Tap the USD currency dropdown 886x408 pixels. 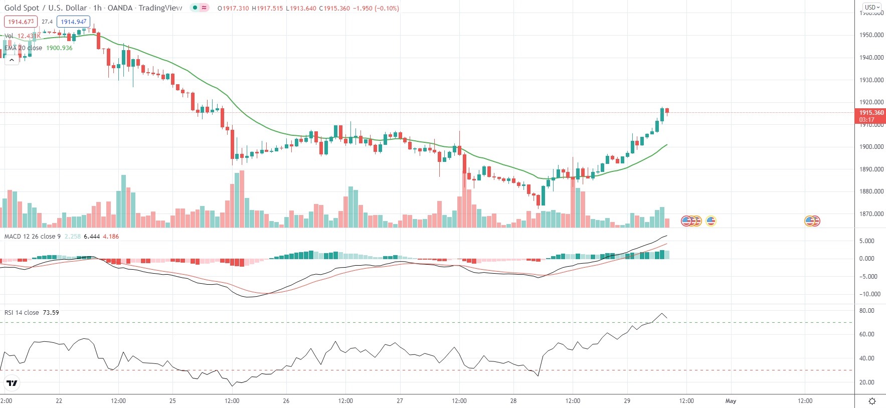pyautogui.click(x=871, y=7)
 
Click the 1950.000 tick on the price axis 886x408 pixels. pyautogui.click(x=871, y=35)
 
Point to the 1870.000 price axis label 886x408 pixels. pyautogui.click(x=871, y=214)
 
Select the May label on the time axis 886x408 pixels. pyautogui.click(x=731, y=401)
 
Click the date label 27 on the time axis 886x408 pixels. pyautogui.click(x=400, y=401)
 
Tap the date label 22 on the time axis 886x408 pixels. pyautogui.click(x=59, y=401)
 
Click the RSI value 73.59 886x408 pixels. pyautogui.click(x=51, y=313)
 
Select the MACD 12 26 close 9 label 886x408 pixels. pyautogui.click(x=33, y=237)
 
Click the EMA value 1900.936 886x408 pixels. pyautogui.click(x=59, y=48)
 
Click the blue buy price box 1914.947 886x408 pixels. pyautogui.click(x=74, y=22)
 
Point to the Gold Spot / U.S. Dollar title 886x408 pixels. pyautogui.click(x=45, y=8)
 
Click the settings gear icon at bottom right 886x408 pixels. pyautogui.click(x=872, y=401)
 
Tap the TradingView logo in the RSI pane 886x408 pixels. pyautogui.click(x=12, y=383)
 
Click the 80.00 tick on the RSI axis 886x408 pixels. pyautogui.click(x=866, y=311)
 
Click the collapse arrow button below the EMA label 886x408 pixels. pyautogui.click(x=12, y=60)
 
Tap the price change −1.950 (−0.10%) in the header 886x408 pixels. pyautogui.click(x=376, y=9)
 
